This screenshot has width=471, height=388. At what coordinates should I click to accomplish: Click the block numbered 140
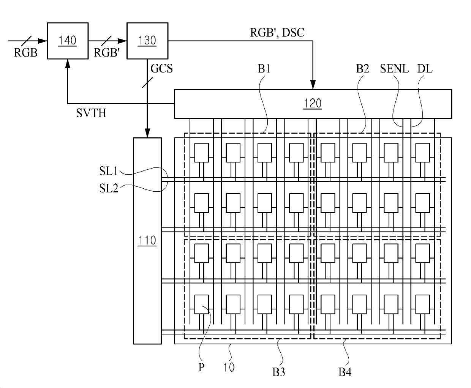68,41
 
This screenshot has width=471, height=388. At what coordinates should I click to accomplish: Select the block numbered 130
147,41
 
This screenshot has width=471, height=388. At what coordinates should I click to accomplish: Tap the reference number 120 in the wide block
313,104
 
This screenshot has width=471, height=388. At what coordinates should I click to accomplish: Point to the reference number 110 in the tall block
147,240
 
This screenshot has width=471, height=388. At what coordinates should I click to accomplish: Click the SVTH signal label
91,113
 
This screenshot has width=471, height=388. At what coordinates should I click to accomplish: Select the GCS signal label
161,68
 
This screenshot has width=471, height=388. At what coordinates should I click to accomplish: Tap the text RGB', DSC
277,33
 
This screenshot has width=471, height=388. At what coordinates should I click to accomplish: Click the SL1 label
109,171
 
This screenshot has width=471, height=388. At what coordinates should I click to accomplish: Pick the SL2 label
109,188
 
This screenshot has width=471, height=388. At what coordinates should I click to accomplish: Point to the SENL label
394,69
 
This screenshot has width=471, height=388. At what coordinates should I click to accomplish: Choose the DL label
425,69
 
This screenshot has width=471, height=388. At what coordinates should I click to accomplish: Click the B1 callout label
264,69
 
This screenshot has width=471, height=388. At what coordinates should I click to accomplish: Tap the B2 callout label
362,69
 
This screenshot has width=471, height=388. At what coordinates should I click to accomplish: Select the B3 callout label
278,372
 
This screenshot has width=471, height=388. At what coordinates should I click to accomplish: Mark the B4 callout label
345,372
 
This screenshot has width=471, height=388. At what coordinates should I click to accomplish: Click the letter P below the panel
201,367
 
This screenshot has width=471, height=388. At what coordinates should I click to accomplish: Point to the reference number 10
229,367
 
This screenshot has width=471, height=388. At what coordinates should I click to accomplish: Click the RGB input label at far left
26,52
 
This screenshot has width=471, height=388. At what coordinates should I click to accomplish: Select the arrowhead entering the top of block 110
147,133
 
